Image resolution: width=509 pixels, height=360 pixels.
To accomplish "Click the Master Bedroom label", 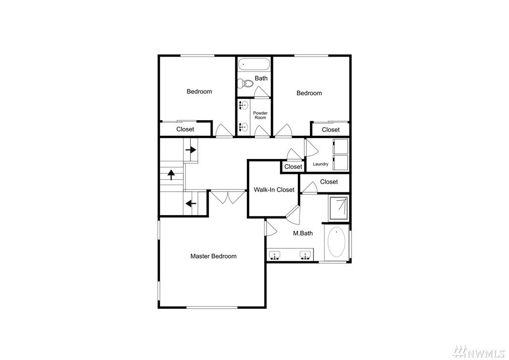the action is [x=213, y=256].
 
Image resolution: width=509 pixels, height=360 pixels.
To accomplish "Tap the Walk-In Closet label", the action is [x=274, y=190].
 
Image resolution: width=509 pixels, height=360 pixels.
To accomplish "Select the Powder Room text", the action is [x=260, y=115].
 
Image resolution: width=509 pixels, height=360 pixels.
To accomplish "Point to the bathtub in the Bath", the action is [x=254, y=64].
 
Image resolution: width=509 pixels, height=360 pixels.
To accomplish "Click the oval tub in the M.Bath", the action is [x=337, y=242].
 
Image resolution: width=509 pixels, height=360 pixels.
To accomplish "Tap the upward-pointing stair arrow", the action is [x=171, y=174].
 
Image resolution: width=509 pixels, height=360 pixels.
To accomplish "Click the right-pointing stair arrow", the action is [x=191, y=150].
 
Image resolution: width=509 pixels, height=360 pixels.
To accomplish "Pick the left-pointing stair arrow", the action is [x=191, y=204].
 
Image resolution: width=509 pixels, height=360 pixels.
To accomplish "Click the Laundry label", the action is [x=320, y=164].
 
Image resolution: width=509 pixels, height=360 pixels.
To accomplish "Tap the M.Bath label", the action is [x=303, y=233].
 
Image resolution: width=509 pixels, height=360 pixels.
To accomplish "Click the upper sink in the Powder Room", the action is [x=243, y=105].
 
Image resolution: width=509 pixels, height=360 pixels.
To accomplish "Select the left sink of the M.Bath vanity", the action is [x=275, y=255].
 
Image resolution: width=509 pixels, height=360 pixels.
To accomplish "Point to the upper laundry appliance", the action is [x=340, y=146].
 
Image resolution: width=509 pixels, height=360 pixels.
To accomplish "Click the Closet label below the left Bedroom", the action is [x=185, y=130].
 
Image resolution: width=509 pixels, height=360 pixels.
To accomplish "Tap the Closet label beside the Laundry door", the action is [x=293, y=167].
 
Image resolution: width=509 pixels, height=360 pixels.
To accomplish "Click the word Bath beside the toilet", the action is [x=261, y=78].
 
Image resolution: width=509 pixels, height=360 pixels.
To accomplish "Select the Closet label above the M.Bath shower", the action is [x=329, y=182].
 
